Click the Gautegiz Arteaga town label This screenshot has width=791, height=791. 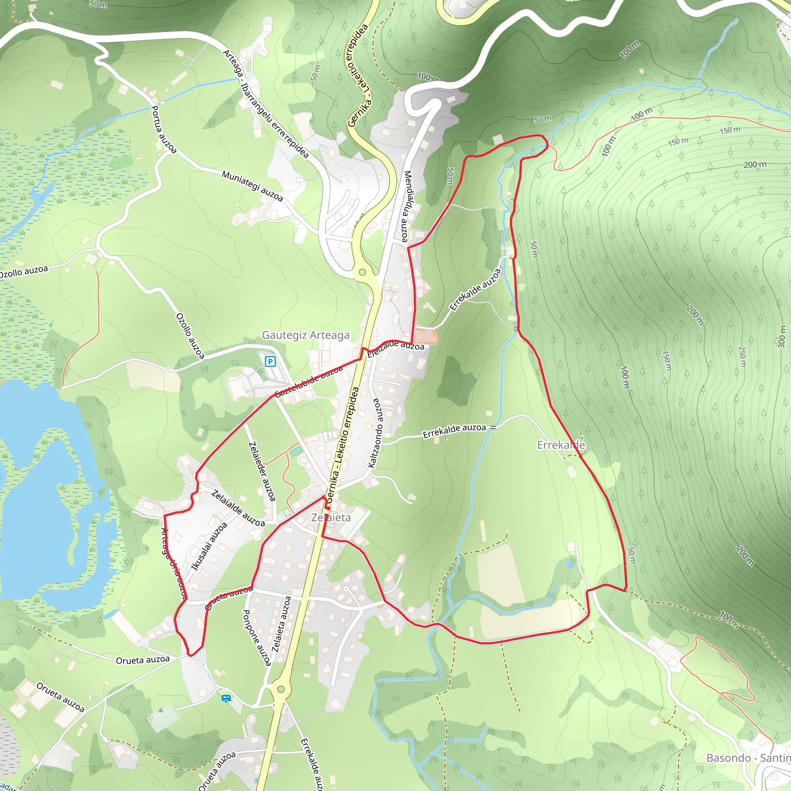point(306,335)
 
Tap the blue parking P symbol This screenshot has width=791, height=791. point(270,362)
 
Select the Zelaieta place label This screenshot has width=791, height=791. point(331,518)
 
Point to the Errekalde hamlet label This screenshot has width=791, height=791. point(561,445)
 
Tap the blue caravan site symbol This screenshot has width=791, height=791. point(226,698)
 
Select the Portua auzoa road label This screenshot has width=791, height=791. point(163,129)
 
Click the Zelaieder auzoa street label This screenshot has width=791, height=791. point(261,471)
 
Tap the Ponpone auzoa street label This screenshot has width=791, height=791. point(257,637)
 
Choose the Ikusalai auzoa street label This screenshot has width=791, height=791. point(209,547)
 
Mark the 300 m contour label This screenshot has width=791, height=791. point(781,336)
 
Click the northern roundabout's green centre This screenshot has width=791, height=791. point(362,272)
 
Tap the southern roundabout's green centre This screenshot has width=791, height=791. point(280,689)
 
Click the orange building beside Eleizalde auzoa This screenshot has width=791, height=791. point(426,336)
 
